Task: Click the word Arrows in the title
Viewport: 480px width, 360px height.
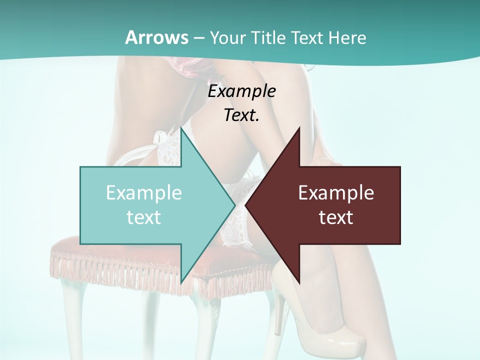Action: (x=156, y=37)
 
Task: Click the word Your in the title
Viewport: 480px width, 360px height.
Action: (x=228, y=37)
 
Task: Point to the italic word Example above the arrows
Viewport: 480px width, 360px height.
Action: (x=241, y=91)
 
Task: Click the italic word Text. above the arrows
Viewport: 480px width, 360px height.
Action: (x=241, y=115)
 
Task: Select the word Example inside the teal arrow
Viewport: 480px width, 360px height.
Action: (x=143, y=192)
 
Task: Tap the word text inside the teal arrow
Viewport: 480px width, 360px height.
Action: (x=143, y=217)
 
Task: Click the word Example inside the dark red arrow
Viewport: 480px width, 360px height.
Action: (x=336, y=192)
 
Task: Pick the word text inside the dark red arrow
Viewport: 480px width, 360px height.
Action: (x=336, y=217)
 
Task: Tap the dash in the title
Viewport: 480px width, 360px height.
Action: (x=198, y=38)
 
